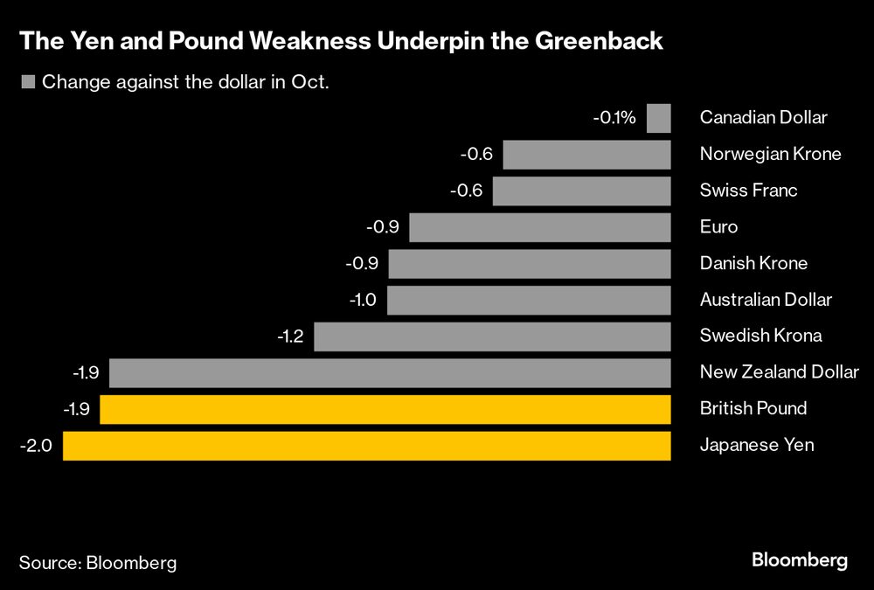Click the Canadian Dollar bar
(x=659, y=118)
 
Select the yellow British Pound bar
(x=385, y=409)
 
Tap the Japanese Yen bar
(x=367, y=446)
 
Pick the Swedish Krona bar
(x=492, y=337)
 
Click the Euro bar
(x=539, y=227)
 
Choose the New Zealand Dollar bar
(x=390, y=372)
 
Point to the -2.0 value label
(x=36, y=446)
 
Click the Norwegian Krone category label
(x=770, y=155)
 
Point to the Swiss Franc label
(x=748, y=191)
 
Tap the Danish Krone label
(x=753, y=263)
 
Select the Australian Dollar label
(x=766, y=300)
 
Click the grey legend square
(x=27, y=83)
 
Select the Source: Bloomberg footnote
(x=98, y=562)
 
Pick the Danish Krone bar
(x=530, y=263)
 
